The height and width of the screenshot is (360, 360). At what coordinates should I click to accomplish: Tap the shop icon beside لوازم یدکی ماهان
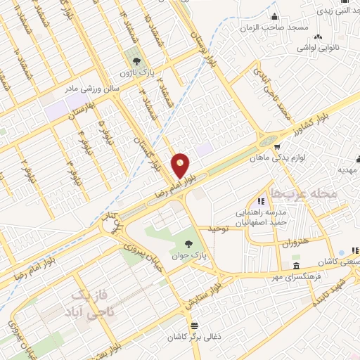tap(280, 148)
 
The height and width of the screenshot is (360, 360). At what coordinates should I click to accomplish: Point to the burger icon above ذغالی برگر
tap(195, 326)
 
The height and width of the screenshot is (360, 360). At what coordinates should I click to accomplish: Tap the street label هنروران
tap(296, 243)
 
